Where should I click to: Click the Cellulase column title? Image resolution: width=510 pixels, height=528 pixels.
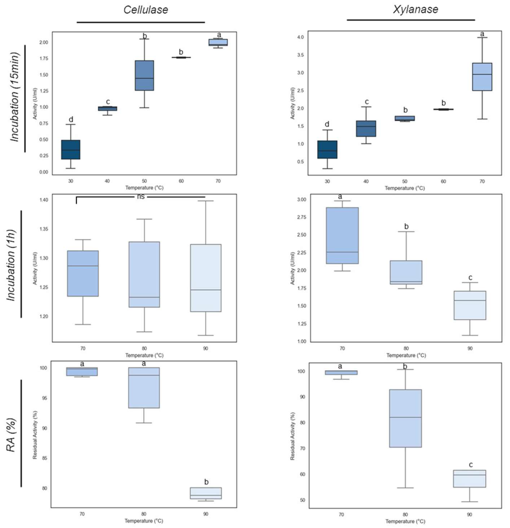click(146, 10)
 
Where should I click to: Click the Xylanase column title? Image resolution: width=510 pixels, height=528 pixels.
click(415, 9)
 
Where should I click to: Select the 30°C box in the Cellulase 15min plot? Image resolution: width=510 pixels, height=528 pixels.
click(71, 150)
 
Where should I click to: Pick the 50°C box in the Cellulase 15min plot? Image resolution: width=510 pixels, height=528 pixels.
click(144, 75)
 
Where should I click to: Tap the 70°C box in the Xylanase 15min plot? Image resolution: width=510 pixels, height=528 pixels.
click(482, 77)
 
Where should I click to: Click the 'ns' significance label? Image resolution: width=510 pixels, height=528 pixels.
click(141, 197)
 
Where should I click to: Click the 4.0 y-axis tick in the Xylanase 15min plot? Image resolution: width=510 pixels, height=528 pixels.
click(301, 37)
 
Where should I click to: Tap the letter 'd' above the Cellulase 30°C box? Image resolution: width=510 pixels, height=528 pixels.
click(71, 119)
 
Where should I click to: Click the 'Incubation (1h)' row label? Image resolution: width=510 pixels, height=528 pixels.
click(11, 265)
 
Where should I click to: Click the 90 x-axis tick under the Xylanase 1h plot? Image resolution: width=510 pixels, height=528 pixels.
click(470, 348)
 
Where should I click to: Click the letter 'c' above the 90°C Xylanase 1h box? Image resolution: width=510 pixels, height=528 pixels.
click(470, 277)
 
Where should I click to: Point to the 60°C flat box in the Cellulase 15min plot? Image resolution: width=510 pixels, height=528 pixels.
click(181, 57)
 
